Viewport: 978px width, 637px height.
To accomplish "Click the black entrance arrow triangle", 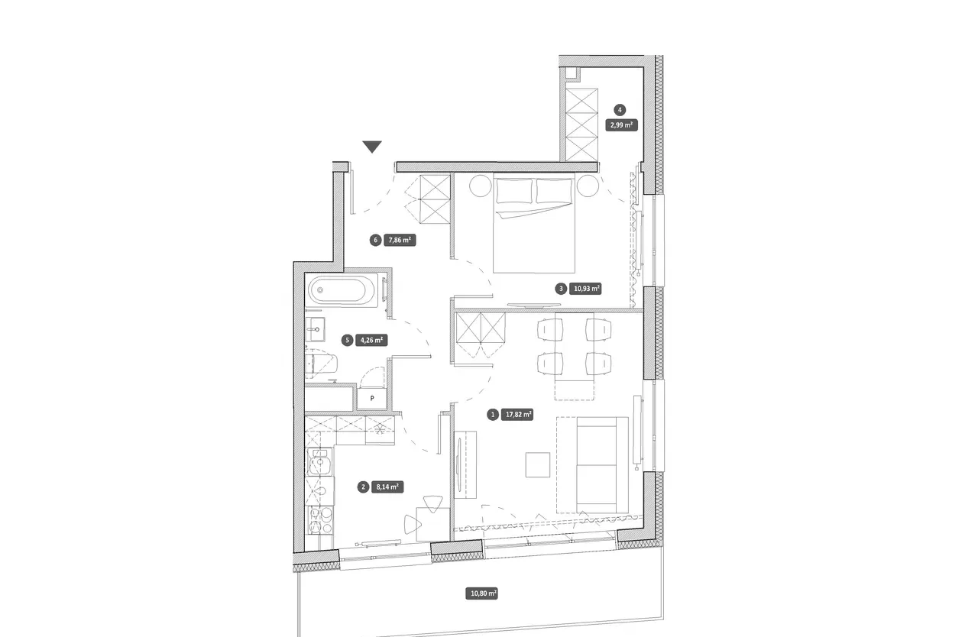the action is pos(372,147).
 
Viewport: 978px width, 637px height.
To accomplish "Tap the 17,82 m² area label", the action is pos(518,415).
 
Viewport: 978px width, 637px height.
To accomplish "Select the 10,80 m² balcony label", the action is pos(481,593).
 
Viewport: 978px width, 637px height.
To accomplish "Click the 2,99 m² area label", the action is pos(621,124).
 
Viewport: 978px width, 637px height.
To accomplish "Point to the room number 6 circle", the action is pos(375,240).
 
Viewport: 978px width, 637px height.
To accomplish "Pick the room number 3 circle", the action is pos(561,289).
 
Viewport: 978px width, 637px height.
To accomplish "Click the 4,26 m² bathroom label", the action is pos(371,340).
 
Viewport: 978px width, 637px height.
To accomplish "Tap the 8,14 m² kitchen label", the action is pos(387,487).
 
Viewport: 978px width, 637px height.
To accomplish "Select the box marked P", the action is pos(372,399).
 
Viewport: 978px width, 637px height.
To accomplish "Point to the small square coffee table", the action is pos(537,464).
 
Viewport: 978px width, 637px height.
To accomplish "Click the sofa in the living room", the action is pos(603,464).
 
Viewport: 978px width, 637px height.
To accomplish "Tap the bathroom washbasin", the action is pos(316,329).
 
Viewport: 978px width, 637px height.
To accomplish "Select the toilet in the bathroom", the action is pos(321,363).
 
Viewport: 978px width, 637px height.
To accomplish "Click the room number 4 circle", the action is pos(620,110).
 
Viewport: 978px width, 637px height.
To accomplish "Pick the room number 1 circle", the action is pos(493,415).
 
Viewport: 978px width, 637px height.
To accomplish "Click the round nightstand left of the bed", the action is pos(481,186).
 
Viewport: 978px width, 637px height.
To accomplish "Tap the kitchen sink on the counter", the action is pos(320,462).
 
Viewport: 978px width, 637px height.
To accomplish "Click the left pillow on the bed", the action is pos(514,191).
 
